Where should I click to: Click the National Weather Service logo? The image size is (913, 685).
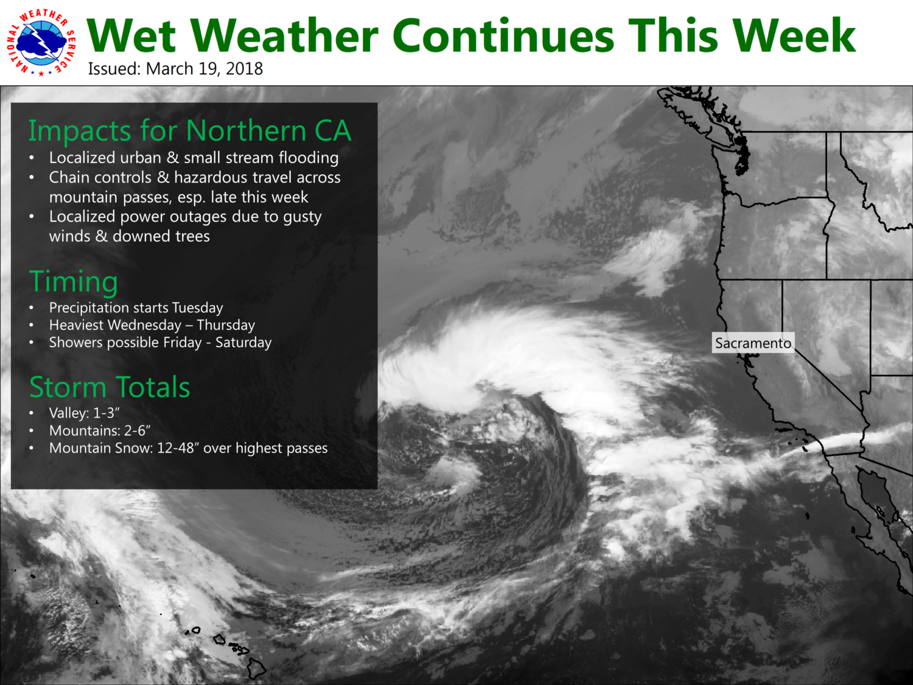tap(41, 43)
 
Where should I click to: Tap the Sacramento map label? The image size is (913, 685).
tap(753, 343)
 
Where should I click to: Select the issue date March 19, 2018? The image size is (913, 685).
tap(205, 69)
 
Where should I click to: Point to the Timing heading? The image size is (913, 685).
tap(74, 282)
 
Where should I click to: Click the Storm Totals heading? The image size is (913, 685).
tap(110, 387)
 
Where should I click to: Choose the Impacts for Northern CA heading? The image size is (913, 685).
tap(190, 130)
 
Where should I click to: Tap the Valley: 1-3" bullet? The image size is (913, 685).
tap(85, 413)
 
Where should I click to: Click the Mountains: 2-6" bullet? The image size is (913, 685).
tap(100, 430)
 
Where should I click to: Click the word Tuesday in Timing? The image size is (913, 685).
tap(198, 307)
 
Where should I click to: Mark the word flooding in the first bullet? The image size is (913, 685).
tap(309, 158)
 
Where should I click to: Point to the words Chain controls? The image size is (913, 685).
tap(100, 178)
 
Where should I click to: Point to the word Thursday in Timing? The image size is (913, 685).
tap(226, 325)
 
